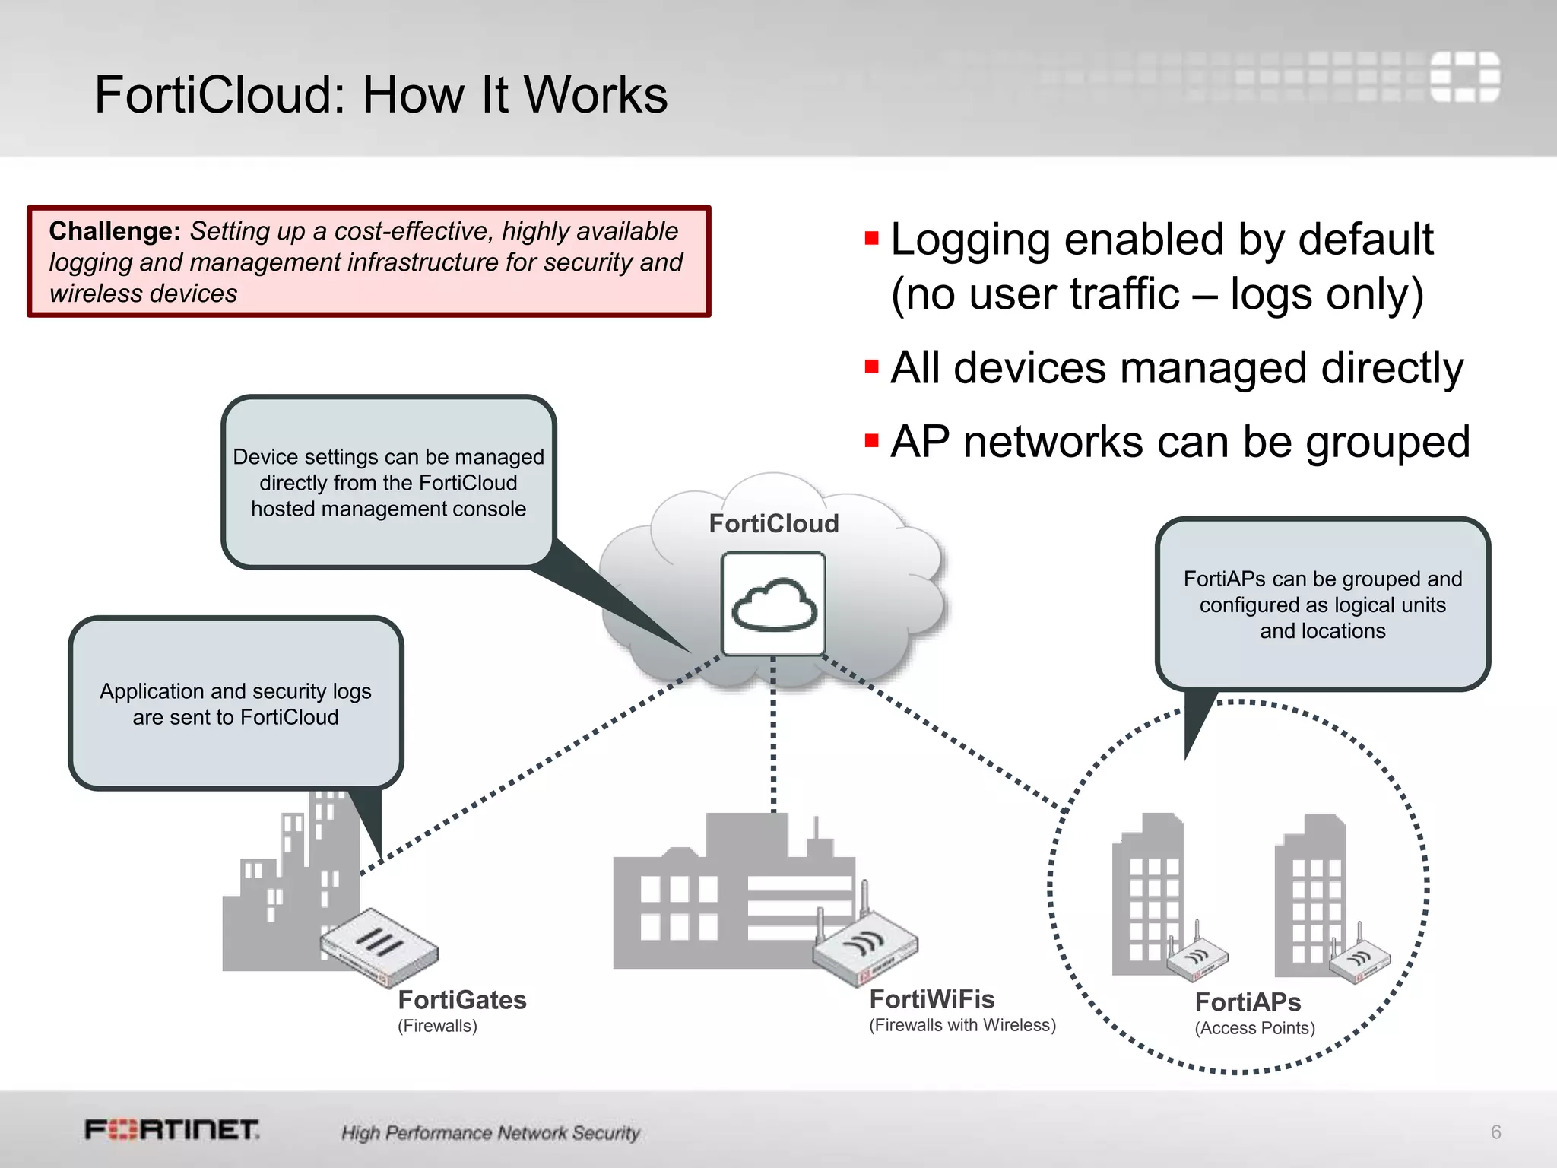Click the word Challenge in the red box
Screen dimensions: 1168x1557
point(114,231)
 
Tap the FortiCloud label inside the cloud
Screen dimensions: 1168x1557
point(773,524)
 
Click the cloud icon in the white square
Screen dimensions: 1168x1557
point(774,605)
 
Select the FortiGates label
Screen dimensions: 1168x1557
point(462,1000)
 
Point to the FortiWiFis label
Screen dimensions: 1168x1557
point(931,999)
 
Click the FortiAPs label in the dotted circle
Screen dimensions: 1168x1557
point(1248,1002)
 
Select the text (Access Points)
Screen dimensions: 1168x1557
point(1254,1028)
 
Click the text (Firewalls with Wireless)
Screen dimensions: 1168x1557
point(962,1025)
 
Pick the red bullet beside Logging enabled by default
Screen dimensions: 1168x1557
point(871,240)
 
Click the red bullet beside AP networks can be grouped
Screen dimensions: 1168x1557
point(871,441)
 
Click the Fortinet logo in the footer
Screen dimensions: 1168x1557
point(172,1130)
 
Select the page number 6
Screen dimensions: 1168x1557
point(1495,1132)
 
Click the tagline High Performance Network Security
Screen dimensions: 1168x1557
point(490,1133)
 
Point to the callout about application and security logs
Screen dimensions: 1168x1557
point(236,703)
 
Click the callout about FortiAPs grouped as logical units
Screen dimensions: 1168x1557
point(1322,605)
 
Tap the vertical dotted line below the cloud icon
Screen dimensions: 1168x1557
point(773,734)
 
